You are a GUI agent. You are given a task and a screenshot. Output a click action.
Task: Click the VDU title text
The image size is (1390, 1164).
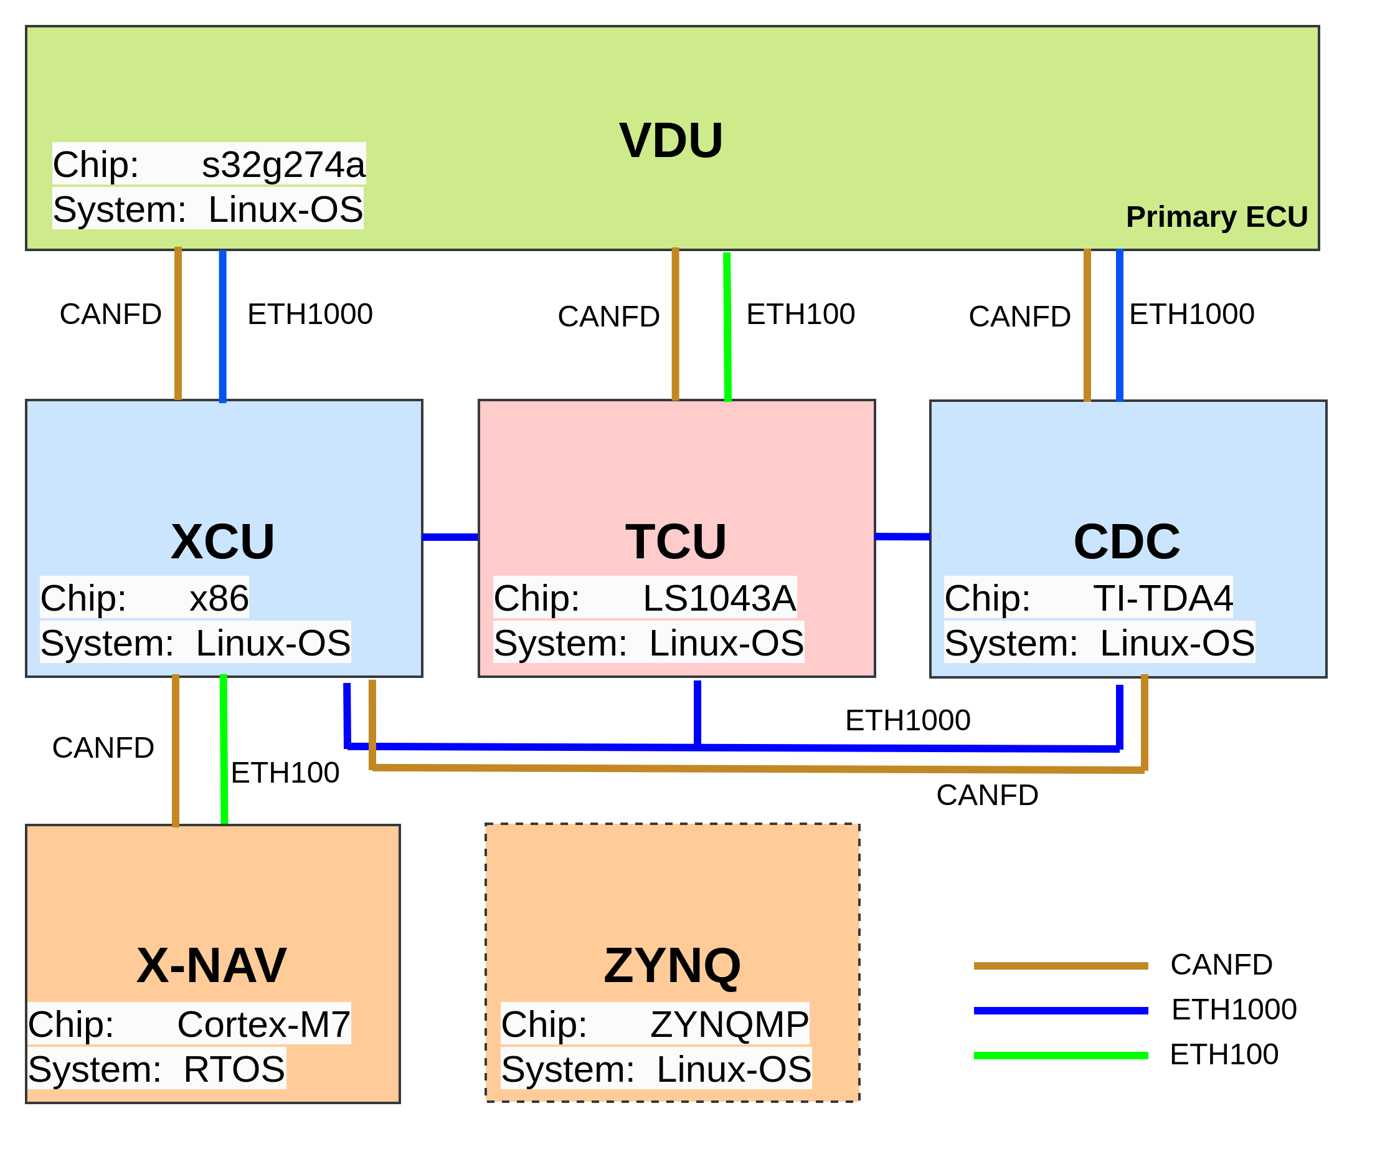point(671,140)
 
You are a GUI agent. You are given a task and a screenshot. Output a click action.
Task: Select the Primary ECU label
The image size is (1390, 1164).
point(1217,216)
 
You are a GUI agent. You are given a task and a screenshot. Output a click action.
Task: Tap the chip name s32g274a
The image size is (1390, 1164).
point(283,165)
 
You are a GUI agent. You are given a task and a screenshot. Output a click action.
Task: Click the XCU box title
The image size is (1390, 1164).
point(222,541)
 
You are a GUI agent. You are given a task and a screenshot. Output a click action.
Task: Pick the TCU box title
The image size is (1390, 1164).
point(676,541)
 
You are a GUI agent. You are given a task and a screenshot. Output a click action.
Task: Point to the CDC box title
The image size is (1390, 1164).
point(1127,541)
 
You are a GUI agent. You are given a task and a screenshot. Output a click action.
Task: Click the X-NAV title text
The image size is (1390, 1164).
point(211,965)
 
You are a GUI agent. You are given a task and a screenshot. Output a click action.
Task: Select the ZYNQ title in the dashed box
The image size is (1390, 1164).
point(673,965)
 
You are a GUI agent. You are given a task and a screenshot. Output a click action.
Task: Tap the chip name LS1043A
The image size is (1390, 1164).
point(719,598)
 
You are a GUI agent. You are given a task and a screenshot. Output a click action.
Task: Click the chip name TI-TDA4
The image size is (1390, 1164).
point(1163,598)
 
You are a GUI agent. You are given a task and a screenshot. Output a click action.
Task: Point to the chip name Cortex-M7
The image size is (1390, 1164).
point(263,1024)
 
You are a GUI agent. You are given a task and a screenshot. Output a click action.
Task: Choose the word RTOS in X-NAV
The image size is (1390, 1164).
point(234,1069)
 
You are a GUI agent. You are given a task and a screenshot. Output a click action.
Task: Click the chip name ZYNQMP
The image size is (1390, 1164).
point(729,1024)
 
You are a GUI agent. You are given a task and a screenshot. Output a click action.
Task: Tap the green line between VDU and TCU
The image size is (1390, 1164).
point(727,327)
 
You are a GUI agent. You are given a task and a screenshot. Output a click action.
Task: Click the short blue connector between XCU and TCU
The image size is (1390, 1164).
point(450,537)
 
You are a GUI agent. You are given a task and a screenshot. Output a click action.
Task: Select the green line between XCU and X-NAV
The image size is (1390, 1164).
point(224,749)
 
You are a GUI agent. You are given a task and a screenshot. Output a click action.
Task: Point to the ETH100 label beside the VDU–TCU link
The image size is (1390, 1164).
point(801,314)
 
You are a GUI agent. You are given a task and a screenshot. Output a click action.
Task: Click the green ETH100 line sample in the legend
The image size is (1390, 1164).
point(1061,1056)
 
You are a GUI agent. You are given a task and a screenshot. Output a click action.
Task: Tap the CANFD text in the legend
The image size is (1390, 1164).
point(1221,965)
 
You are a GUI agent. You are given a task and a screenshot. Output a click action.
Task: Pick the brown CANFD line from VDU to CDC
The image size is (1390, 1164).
point(1087,325)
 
